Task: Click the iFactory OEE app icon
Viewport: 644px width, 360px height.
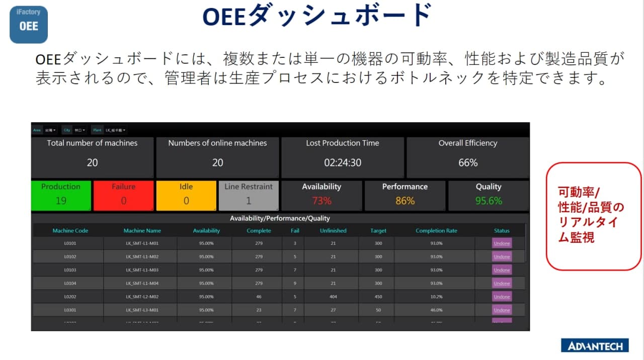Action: [29, 24]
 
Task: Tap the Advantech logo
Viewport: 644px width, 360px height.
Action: [595, 345]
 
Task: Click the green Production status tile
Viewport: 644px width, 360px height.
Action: [61, 195]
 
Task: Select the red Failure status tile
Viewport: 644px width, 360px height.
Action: [123, 195]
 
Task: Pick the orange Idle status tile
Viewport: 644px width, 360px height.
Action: [186, 195]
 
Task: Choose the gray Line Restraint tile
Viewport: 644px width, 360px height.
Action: [249, 195]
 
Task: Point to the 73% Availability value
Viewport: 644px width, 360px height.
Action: [321, 201]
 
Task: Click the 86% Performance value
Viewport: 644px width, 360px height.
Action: [405, 201]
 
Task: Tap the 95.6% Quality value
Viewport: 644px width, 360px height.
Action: [489, 201]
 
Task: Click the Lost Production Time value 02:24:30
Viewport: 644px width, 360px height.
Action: [342, 163]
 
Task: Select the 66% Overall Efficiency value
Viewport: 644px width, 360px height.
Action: [468, 163]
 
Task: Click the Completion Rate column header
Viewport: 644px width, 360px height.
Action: [436, 231]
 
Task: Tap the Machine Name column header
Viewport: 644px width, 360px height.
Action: [142, 231]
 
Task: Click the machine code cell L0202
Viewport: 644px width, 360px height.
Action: [70, 297]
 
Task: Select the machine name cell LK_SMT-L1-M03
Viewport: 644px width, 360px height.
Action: [142, 270]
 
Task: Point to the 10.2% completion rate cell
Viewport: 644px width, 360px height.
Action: [436, 297]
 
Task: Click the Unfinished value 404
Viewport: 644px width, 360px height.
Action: [333, 297]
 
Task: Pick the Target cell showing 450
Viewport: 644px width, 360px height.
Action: [378, 297]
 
